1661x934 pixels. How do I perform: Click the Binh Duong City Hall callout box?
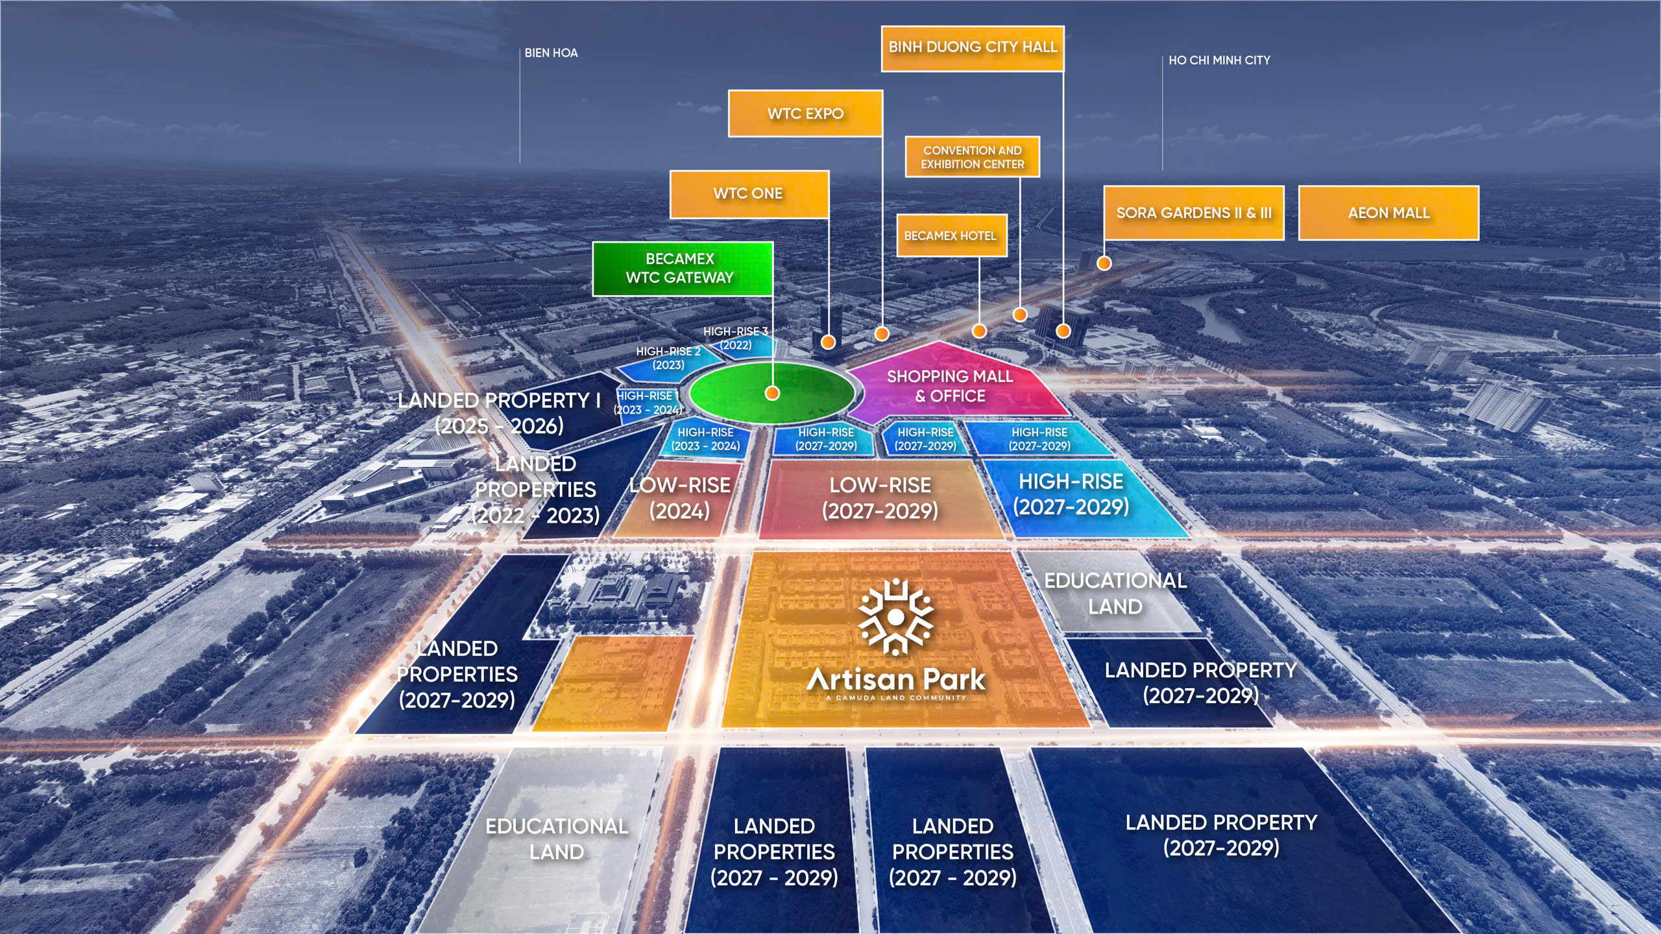click(x=972, y=48)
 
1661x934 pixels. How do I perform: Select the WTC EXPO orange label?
click(x=805, y=114)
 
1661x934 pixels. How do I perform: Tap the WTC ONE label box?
click(x=749, y=194)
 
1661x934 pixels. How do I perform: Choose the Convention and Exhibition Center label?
click(x=972, y=157)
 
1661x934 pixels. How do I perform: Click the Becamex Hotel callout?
click(x=951, y=235)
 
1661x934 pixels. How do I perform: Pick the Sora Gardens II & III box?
click(x=1193, y=213)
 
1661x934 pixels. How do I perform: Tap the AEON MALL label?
click(x=1388, y=213)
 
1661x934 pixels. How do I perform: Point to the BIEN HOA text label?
click(x=551, y=53)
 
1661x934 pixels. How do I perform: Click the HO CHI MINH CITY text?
click(x=1219, y=60)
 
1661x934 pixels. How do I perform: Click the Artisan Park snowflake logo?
click(x=895, y=616)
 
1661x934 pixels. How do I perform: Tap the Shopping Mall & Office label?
click(x=950, y=386)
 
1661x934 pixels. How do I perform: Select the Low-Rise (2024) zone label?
click(x=680, y=498)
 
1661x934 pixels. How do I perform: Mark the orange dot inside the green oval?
click(x=772, y=393)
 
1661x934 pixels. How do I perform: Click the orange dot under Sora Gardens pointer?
click(x=1104, y=263)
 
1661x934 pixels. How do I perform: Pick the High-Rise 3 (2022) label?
click(x=736, y=338)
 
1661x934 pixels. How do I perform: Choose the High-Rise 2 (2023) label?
click(x=668, y=358)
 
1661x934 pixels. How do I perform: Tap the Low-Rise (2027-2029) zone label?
click(x=880, y=498)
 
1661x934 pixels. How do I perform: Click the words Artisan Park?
click(x=896, y=680)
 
